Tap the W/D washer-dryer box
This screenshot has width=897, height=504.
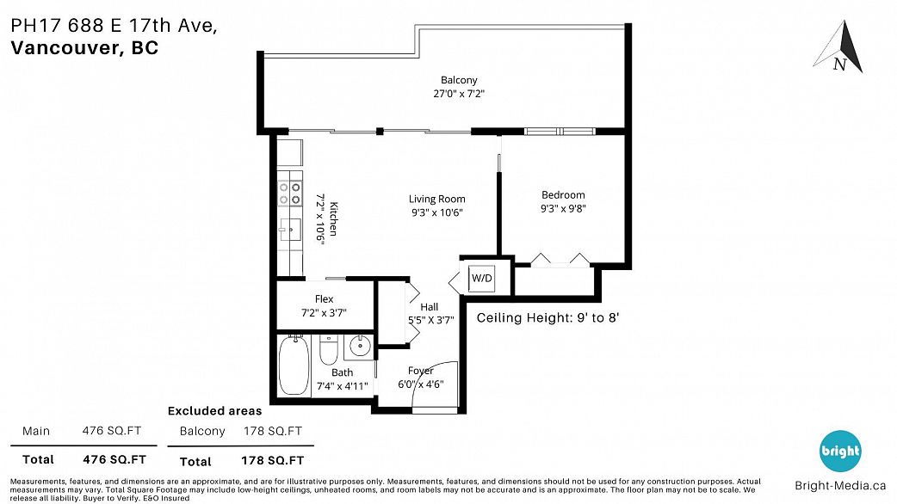click(481, 279)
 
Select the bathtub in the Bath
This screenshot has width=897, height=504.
click(294, 366)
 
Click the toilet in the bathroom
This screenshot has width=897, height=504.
click(328, 350)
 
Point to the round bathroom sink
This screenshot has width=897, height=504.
click(360, 347)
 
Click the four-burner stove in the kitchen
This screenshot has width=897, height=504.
click(289, 194)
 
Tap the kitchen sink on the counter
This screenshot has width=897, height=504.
click(289, 230)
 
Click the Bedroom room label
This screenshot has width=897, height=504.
click(563, 195)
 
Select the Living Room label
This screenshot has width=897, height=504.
click(436, 199)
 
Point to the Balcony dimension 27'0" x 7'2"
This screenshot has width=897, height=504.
click(459, 94)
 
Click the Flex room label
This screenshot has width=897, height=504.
click(324, 298)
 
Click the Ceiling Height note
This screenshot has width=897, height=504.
click(548, 317)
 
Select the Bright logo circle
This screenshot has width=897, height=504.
click(840, 451)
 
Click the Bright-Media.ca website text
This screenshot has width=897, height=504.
click(840, 486)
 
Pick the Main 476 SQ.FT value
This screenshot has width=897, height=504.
click(112, 431)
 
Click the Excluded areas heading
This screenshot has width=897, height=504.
click(214, 411)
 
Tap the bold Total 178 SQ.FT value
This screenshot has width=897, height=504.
click(272, 461)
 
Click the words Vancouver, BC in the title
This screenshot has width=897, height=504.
click(84, 48)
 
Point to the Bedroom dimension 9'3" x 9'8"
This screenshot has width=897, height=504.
click(563, 209)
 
